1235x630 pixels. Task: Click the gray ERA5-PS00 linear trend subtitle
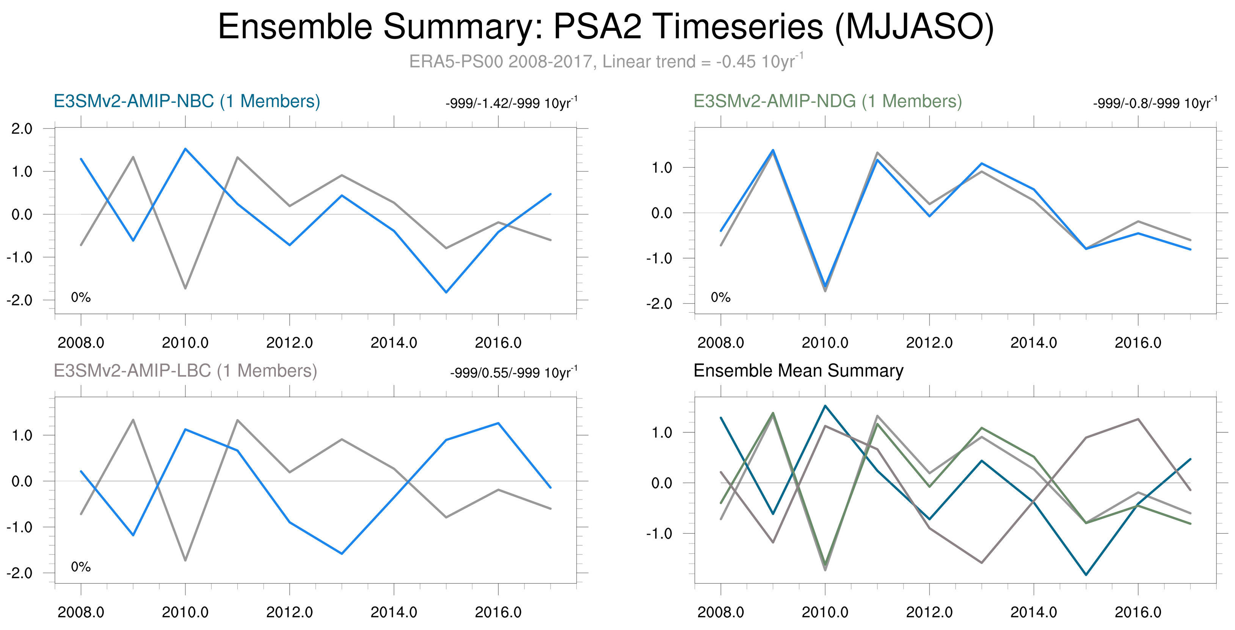click(606, 61)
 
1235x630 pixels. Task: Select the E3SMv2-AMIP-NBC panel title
click(187, 101)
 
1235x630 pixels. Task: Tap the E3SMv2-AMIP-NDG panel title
click(827, 101)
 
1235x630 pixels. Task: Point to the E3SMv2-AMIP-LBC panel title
click(185, 371)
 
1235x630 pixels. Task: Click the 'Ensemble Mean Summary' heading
click(798, 371)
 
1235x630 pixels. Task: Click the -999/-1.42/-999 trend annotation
click(511, 103)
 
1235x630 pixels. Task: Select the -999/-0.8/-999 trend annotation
click(1155, 103)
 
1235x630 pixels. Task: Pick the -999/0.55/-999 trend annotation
click(513, 373)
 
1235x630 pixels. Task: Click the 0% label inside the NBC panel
click(80, 298)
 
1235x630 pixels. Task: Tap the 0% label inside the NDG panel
click(720, 298)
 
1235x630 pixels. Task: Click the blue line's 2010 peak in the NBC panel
click(185, 149)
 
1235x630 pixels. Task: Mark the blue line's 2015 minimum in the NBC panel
click(446, 292)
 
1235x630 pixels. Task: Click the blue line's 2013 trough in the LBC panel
click(342, 554)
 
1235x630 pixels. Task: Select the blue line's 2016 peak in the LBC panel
click(499, 423)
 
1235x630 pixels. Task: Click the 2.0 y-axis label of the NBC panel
click(22, 129)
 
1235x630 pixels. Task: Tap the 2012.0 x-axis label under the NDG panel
click(929, 343)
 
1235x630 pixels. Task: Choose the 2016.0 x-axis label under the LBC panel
click(498, 612)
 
